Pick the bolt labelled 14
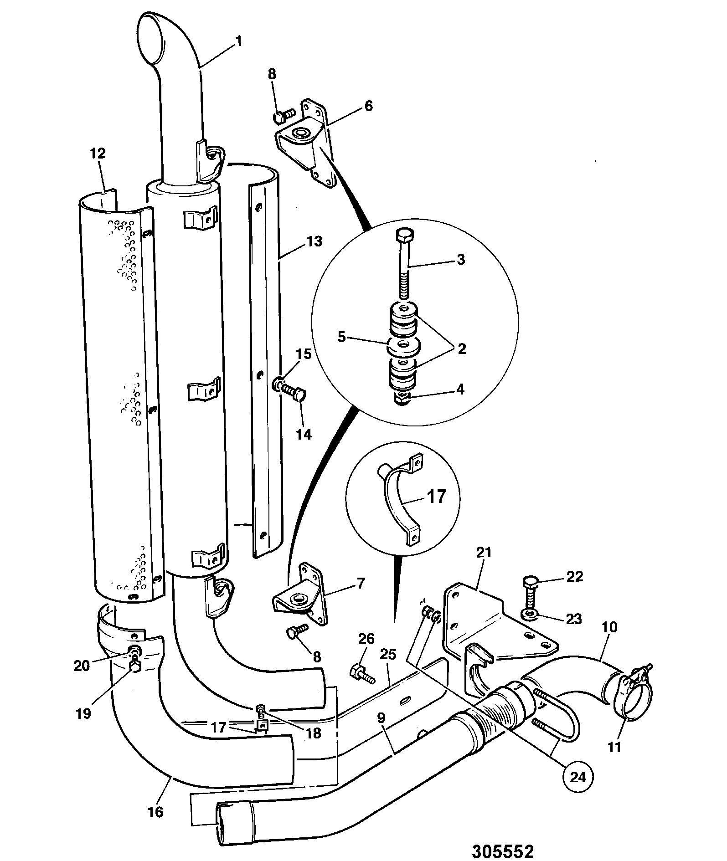[x=294, y=392]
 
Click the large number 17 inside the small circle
[x=436, y=497]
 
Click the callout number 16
[x=155, y=812]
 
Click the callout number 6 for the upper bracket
[x=368, y=106]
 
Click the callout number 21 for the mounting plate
[x=484, y=553]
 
